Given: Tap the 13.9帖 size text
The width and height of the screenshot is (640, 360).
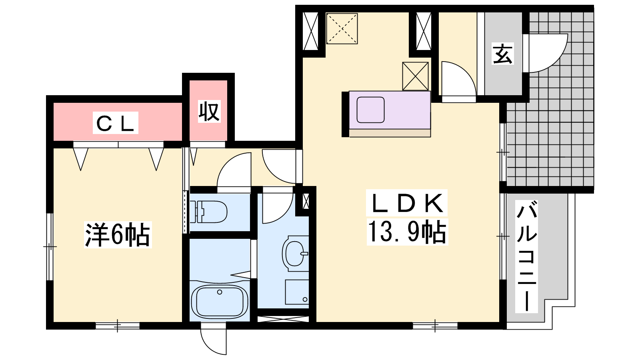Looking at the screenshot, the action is pos(407,232).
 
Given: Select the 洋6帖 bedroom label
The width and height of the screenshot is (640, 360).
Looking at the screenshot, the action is pos(118,234).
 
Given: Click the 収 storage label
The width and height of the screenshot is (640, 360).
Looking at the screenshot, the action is pos(210,111).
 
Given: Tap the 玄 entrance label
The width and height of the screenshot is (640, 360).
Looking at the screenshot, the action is pos(502,54).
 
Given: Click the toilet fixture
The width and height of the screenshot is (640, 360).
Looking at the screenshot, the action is pos(208,212).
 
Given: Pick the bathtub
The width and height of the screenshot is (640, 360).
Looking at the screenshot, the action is pos(220,302).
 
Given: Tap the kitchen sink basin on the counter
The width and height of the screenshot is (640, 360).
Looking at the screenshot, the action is pos(370,110).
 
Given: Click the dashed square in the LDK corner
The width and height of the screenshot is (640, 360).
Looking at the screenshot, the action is pos(342,28).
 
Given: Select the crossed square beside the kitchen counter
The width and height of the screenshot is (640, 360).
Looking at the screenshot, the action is pos(416,76).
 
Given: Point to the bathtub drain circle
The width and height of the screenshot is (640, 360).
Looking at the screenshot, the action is pos(220,292).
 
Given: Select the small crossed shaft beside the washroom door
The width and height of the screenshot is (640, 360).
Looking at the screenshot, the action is pos(306,201).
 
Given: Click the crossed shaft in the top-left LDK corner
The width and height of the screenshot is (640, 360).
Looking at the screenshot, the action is pos(310,31).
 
